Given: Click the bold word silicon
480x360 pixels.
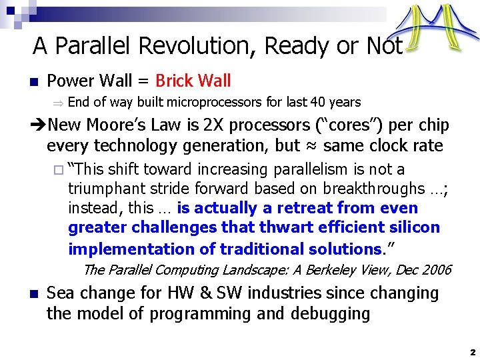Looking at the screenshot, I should point(412,228).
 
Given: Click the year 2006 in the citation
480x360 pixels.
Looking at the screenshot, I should point(437,270).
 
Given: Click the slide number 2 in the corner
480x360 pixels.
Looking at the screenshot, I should point(471,351).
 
